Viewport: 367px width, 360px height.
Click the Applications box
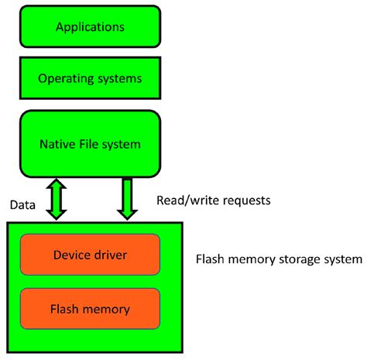click(x=90, y=28)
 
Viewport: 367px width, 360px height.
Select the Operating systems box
click(x=90, y=77)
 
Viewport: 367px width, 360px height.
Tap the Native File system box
click(x=90, y=143)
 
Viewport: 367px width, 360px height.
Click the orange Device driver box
click(x=91, y=255)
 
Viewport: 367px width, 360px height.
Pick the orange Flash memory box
click(x=91, y=310)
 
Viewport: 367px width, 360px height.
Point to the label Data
click(x=23, y=205)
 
